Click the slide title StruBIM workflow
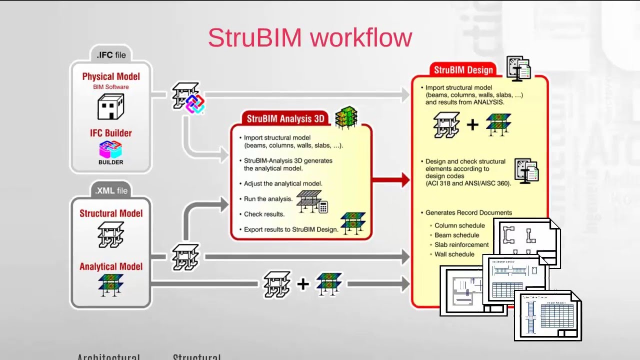point(309,38)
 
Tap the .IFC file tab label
point(111,54)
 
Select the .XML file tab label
point(111,190)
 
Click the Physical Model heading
point(111,76)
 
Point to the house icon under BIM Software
point(110,106)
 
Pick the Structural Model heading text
point(111,213)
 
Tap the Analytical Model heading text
point(111,266)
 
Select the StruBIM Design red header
point(463,70)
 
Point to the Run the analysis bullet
point(268,198)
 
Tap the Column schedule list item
point(459,225)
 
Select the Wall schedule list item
point(454,254)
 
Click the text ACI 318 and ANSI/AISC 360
point(468,183)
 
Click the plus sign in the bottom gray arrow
point(302,284)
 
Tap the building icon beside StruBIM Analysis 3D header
point(346,117)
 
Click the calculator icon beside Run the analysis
point(323,207)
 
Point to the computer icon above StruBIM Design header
point(518,68)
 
